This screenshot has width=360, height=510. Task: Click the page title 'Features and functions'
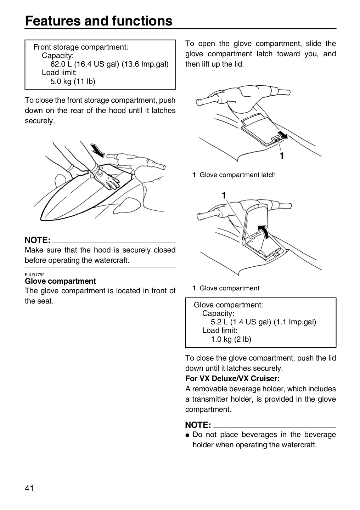tap(99, 21)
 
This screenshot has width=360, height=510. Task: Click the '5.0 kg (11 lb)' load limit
tap(73, 81)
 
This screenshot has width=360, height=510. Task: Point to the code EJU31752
tap(35, 275)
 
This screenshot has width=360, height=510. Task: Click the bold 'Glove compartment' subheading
tap(60, 281)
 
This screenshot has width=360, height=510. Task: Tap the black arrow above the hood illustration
tap(97, 150)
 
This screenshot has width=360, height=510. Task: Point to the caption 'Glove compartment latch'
tap(237, 175)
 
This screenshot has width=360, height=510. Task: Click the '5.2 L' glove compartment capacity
tap(219, 322)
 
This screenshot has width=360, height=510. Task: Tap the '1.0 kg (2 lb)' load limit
tap(231, 339)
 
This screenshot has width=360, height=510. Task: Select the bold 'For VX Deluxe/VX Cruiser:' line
tap(232, 378)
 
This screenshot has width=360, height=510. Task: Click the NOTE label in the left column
tap(38, 240)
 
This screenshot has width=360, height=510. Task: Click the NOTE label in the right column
tap(198, 425)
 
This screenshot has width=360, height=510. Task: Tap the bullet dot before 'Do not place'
tap(187, 435)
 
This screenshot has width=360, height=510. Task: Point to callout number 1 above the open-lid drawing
tap(224, 195)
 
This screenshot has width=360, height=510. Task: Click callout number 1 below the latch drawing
tap(282, 156)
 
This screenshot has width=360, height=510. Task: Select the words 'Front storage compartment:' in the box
tap(81, 47)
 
